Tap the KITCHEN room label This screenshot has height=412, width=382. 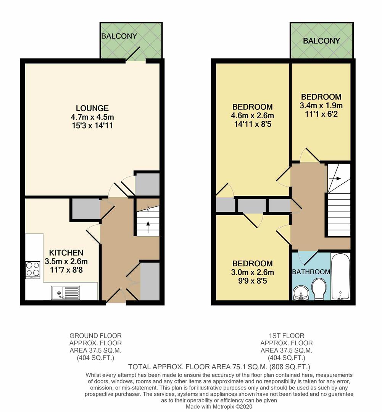click(66, 253)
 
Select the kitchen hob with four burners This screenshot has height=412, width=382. click(32, 269)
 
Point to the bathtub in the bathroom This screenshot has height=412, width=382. click(340, 277)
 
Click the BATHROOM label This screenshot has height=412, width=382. click(311, 272)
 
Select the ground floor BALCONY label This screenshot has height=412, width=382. click(119, 36)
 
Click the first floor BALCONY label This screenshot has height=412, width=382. click(321, 41)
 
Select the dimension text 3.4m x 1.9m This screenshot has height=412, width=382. click(321, 105)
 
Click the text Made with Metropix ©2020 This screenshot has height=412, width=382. click(219, 407)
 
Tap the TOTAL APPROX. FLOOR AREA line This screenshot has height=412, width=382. click(219, 367)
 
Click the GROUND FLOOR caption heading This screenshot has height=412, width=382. click(95, 336)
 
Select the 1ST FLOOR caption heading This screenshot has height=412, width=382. click(286, 336)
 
